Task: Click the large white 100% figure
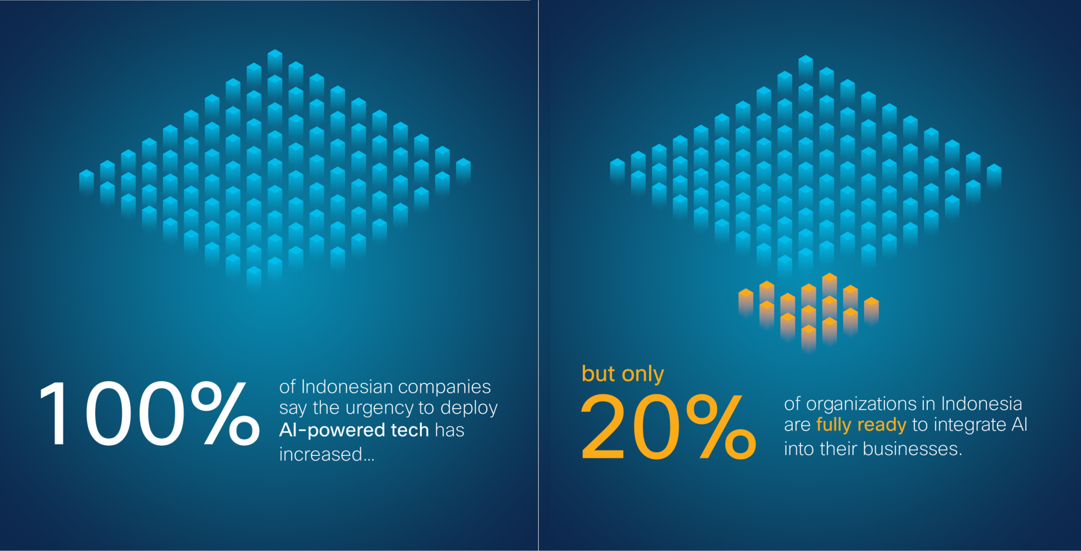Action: [149, 414]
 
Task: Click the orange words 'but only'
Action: [623, 374]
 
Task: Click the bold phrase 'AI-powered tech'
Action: [354, 430]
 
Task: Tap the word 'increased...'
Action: [327, 454]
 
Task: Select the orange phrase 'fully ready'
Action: [861, 425]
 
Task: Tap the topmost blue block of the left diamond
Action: [275, 56]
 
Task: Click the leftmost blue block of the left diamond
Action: [87, 177]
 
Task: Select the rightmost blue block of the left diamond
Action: [463, 165]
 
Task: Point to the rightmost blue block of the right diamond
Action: [994, 171]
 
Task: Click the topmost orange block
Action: [829, 280]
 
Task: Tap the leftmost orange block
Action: [746, 296]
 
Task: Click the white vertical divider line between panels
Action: [539, 275]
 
